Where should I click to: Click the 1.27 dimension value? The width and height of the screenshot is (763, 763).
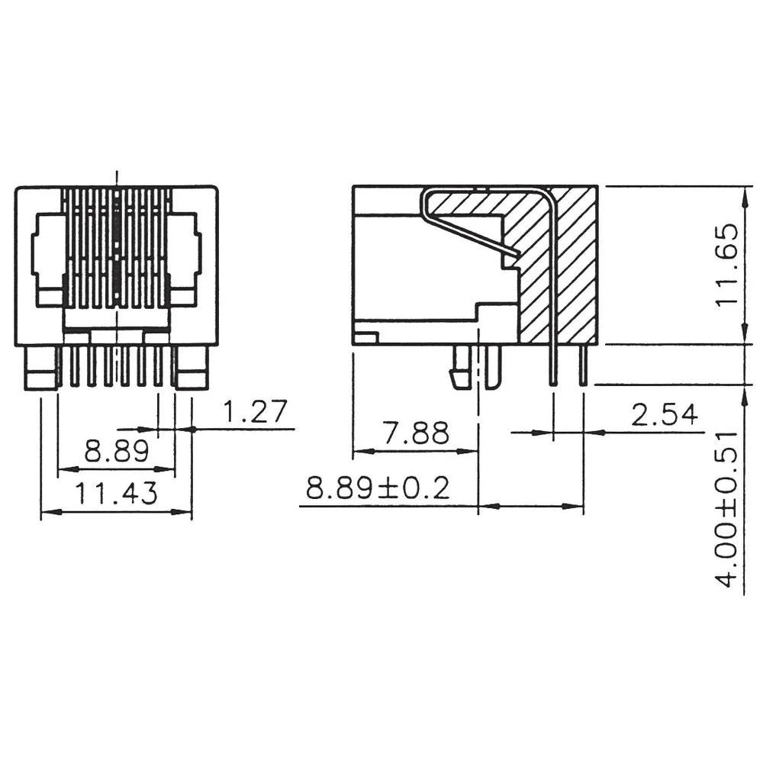(x=255, y=412)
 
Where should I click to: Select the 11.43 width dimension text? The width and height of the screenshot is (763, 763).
(x=116, y=494)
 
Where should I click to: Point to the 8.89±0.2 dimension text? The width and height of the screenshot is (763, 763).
(x=378, y=488)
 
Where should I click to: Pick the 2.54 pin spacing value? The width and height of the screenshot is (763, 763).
(x=664, y=415)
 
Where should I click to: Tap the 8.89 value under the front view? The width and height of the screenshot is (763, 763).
(x=116, y=452)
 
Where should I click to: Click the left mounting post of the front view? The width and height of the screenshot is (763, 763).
(x=42, y=369)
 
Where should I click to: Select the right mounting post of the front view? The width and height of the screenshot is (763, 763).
(x=192, y=369)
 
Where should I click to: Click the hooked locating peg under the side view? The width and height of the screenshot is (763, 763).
(x=459, y=369)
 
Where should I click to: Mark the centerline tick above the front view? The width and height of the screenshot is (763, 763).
(x=116, y=177)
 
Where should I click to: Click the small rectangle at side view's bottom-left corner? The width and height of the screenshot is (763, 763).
(x=365, y=336)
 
